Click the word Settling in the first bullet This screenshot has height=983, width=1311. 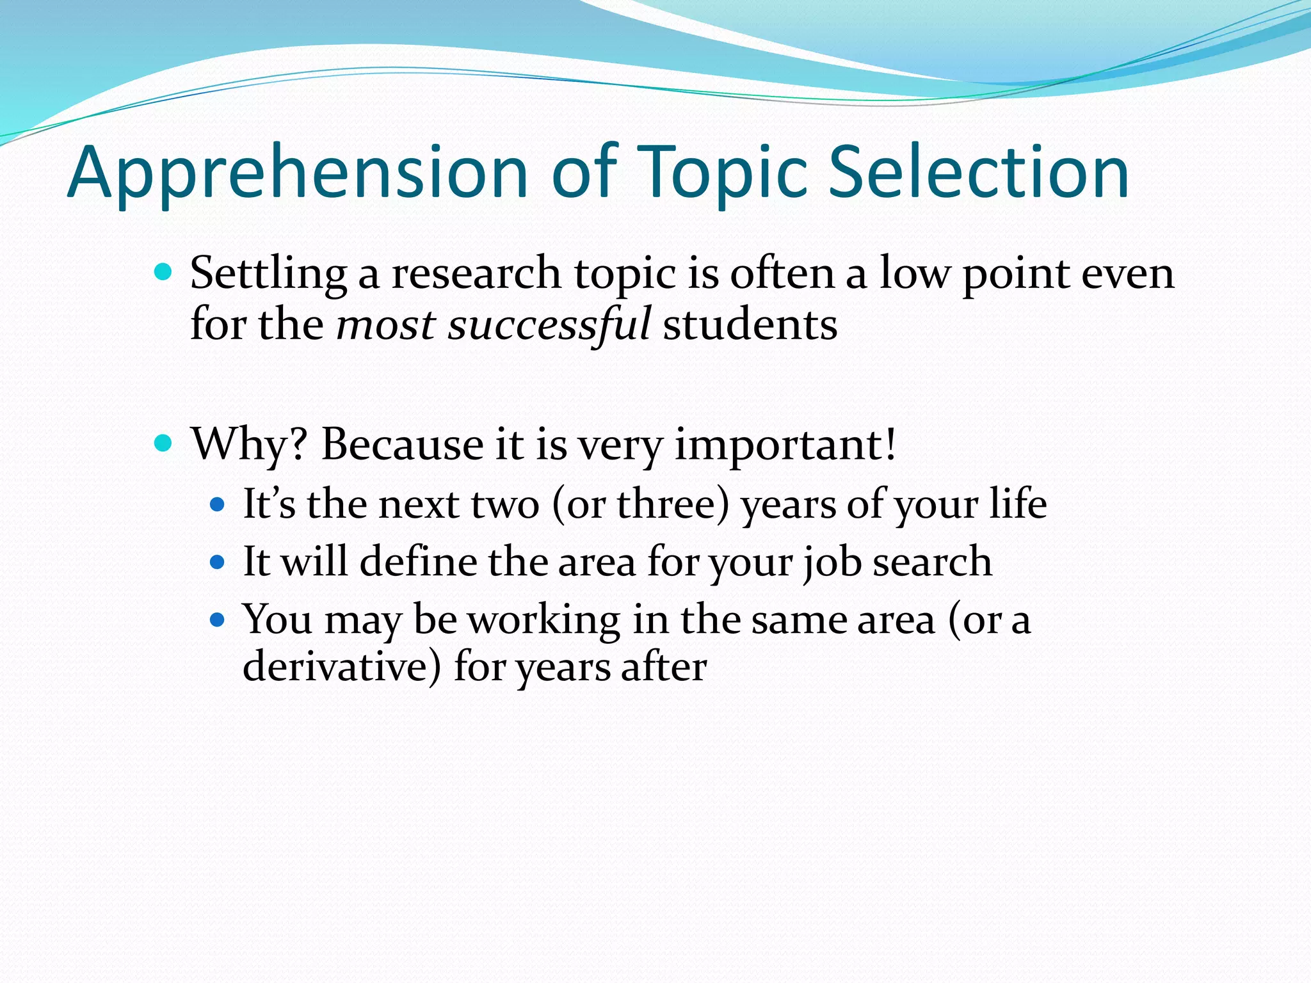(268, 274)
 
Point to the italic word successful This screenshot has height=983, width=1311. (549, 325)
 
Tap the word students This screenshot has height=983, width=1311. (750, 325)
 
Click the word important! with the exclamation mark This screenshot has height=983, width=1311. (785, 445)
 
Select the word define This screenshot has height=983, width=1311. (418, 561)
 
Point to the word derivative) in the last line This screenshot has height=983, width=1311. (342, 667)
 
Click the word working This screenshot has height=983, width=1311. (543, 620)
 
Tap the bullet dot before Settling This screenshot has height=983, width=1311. (163, 273)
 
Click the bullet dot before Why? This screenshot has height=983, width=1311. (163, 443)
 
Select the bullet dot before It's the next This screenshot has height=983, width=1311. (218, 504)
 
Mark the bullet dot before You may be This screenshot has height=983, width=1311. (218, 619)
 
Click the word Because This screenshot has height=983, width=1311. (402, 444)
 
